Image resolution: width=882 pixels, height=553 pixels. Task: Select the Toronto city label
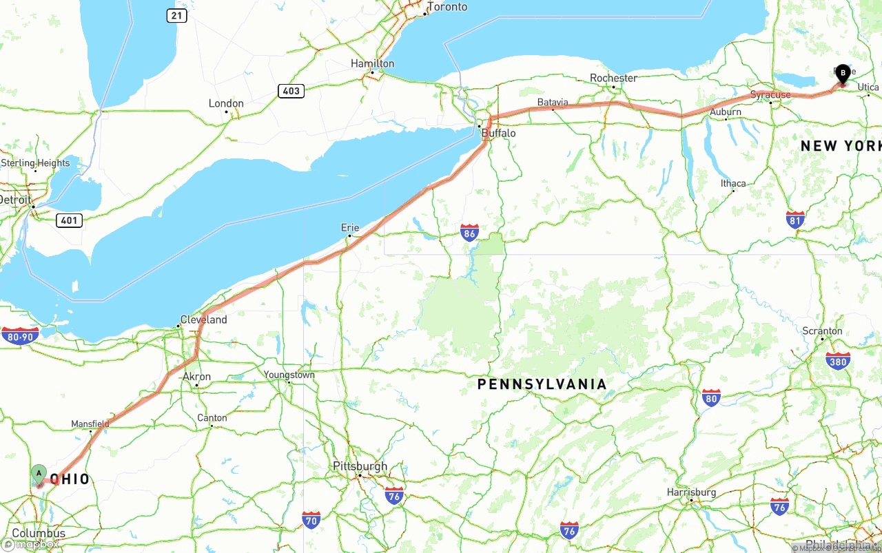tap(447, 7)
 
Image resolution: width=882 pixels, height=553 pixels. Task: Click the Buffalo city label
tap(498, 133)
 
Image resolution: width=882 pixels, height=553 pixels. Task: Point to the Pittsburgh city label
tap(360, 466)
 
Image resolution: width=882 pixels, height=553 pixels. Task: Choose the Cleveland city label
tap(203, 320)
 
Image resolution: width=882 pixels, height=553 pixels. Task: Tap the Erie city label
tap(350, 227)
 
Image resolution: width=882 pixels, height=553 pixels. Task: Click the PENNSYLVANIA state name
tap(542, 384)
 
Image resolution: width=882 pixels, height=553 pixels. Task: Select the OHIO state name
tap(71, 479)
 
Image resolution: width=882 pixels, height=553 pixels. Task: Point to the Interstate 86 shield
tap(470, 232)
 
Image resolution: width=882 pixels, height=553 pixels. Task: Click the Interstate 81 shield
tap(795, 220)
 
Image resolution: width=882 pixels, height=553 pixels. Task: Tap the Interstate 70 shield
tap(311, 520)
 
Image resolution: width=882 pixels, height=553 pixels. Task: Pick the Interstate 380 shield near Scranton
tap(837, 360)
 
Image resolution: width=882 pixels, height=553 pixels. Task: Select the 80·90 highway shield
tap(20, 336)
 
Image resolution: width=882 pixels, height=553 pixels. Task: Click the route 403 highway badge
tap(291, 91)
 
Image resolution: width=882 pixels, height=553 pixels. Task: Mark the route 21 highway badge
tap(176, 15)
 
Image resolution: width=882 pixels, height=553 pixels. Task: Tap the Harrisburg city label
tap(691, 492)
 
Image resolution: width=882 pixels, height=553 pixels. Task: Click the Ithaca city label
tap(733, 183)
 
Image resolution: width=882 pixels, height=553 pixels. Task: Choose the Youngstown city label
tap(289, 375)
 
